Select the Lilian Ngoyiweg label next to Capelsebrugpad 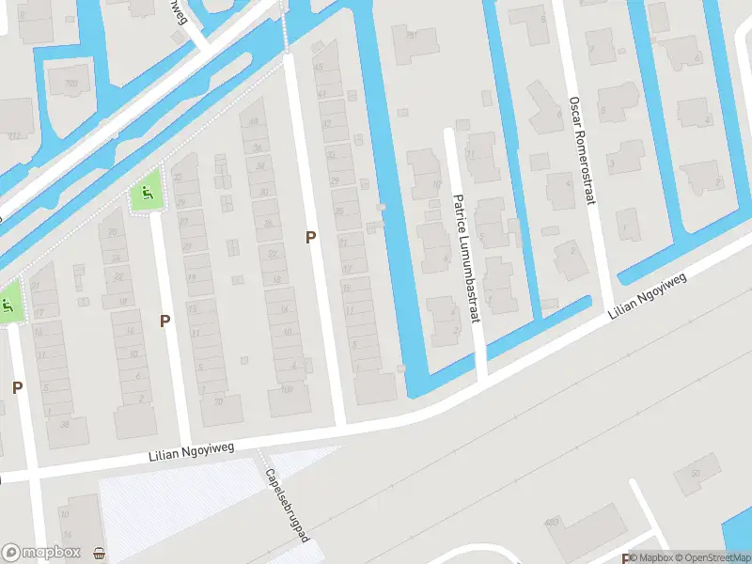189,454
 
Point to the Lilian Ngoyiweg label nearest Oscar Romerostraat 649,297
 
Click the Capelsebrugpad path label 288,505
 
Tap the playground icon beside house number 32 144,195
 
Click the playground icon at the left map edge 7,305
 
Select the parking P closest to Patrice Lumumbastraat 310,238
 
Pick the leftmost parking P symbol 17,386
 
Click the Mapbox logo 41,553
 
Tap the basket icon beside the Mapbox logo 100,553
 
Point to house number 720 70,85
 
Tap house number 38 66,424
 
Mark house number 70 218,401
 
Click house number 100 287,388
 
